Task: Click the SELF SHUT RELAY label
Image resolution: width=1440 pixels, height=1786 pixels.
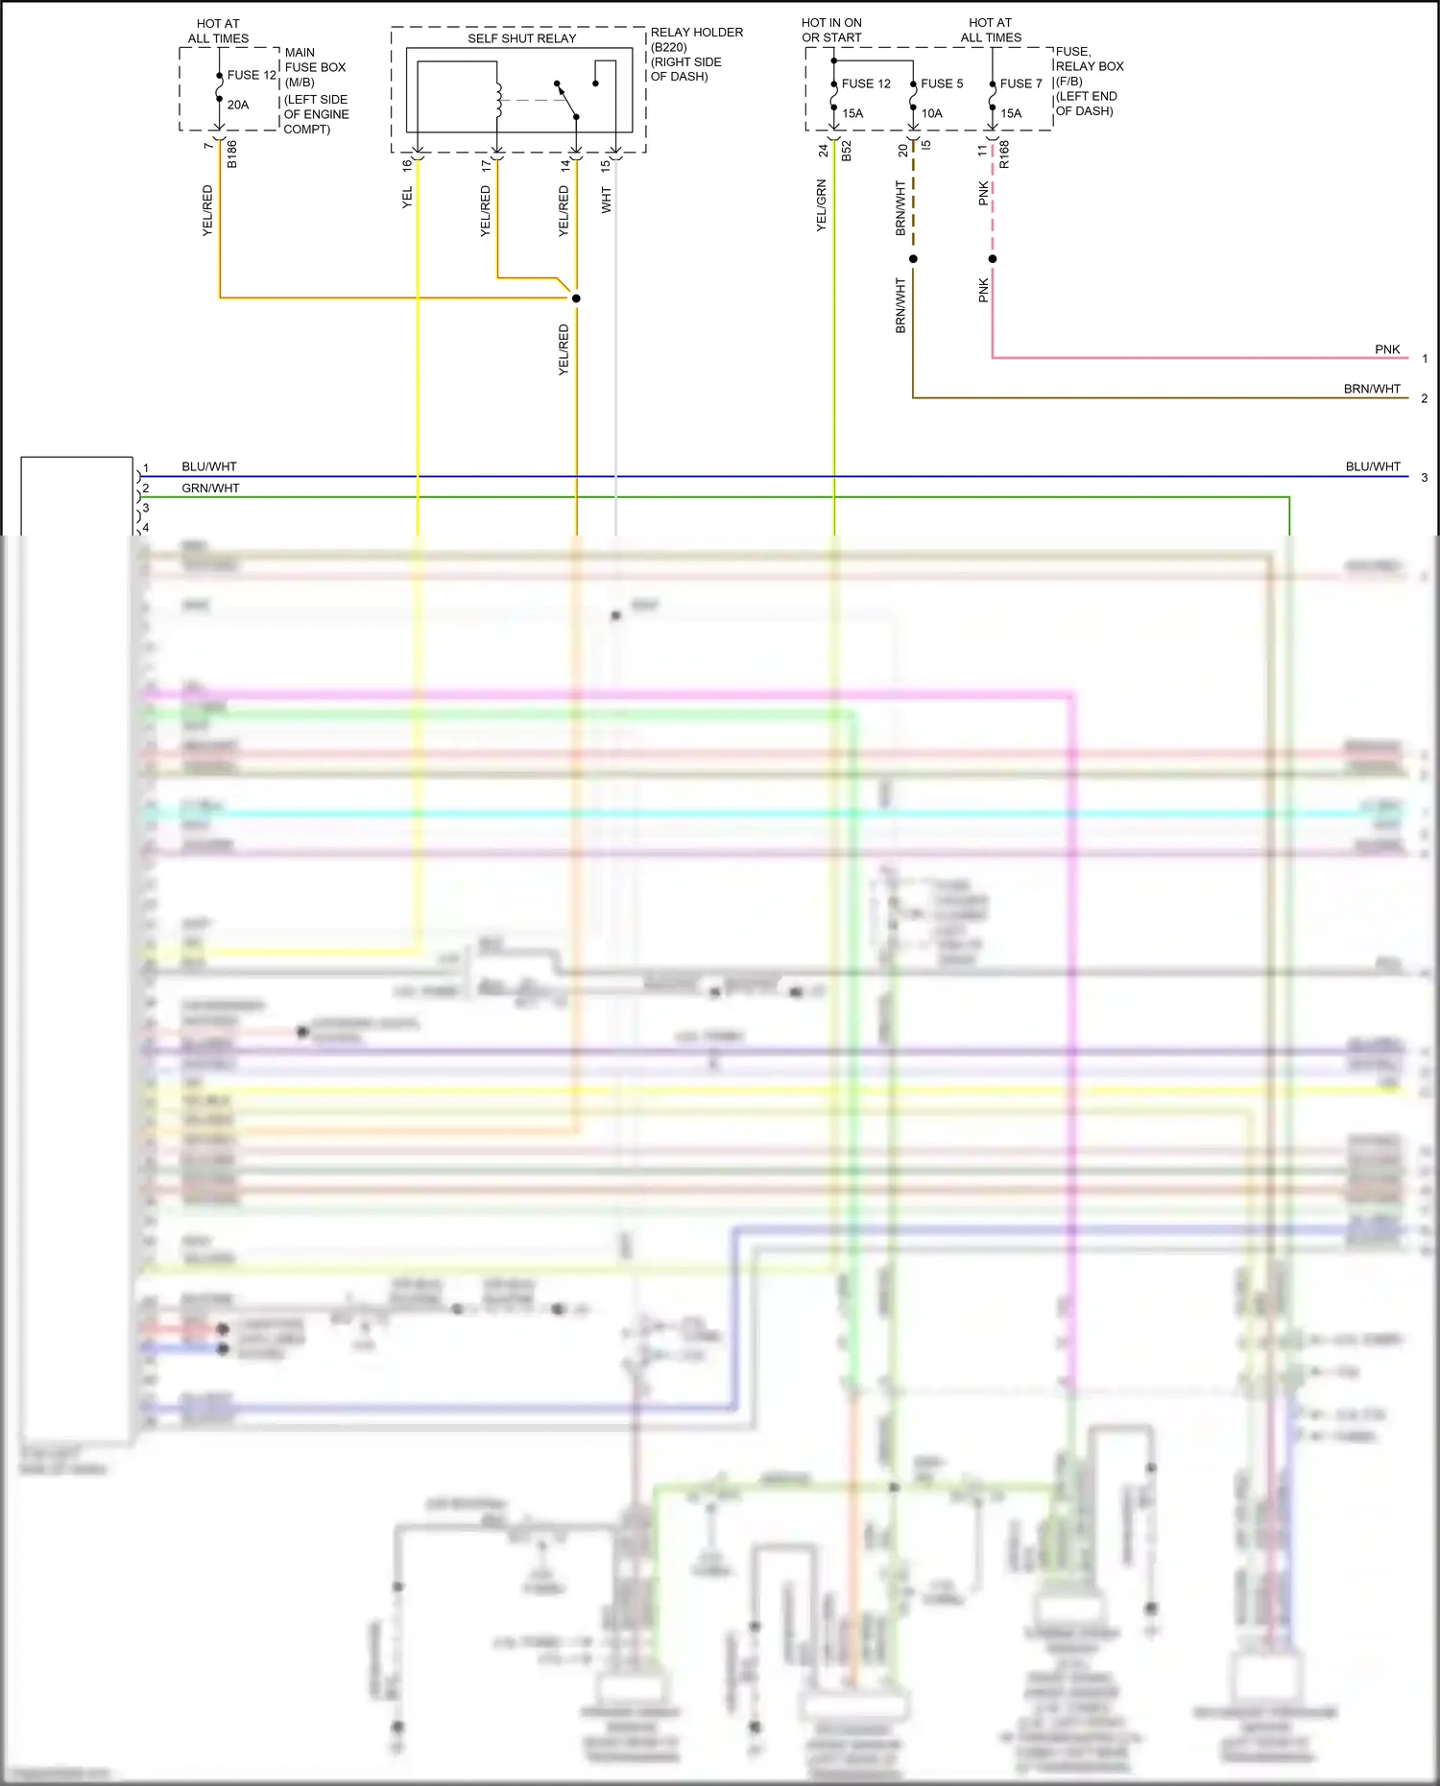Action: [521, 38]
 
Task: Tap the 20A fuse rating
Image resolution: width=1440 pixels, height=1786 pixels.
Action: [238, 105]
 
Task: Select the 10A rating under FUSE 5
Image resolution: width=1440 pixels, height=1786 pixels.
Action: [931, 113]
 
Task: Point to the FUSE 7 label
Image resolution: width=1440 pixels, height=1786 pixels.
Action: [1020, 83]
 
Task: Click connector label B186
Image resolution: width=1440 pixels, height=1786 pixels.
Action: [232, 155]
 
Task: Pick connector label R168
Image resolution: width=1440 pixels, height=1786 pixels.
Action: [1004, 155]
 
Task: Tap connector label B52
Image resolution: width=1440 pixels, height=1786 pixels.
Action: [847, 151]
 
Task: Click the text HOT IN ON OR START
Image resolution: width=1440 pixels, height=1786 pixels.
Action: [831, 30]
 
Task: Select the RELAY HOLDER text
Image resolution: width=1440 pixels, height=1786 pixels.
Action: [696, 33]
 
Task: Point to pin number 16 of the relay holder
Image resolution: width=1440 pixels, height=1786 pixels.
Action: [407, 164]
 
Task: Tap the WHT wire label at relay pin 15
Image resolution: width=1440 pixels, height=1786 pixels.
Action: [606, 200]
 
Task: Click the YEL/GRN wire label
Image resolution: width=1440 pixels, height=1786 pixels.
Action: [821, 205]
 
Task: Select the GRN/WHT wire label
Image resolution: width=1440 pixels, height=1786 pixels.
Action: [210, 488]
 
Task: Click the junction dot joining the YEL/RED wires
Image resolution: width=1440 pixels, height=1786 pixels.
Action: [576, 298]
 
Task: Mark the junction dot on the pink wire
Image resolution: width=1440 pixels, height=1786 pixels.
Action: [993, 259]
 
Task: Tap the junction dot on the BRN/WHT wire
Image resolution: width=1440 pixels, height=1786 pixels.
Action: [913, 259]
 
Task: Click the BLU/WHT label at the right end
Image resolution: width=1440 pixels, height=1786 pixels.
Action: [1372, 466]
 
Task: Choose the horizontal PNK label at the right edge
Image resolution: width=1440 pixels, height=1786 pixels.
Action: [1387, 349]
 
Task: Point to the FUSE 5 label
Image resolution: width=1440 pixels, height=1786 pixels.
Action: [941, 83]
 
